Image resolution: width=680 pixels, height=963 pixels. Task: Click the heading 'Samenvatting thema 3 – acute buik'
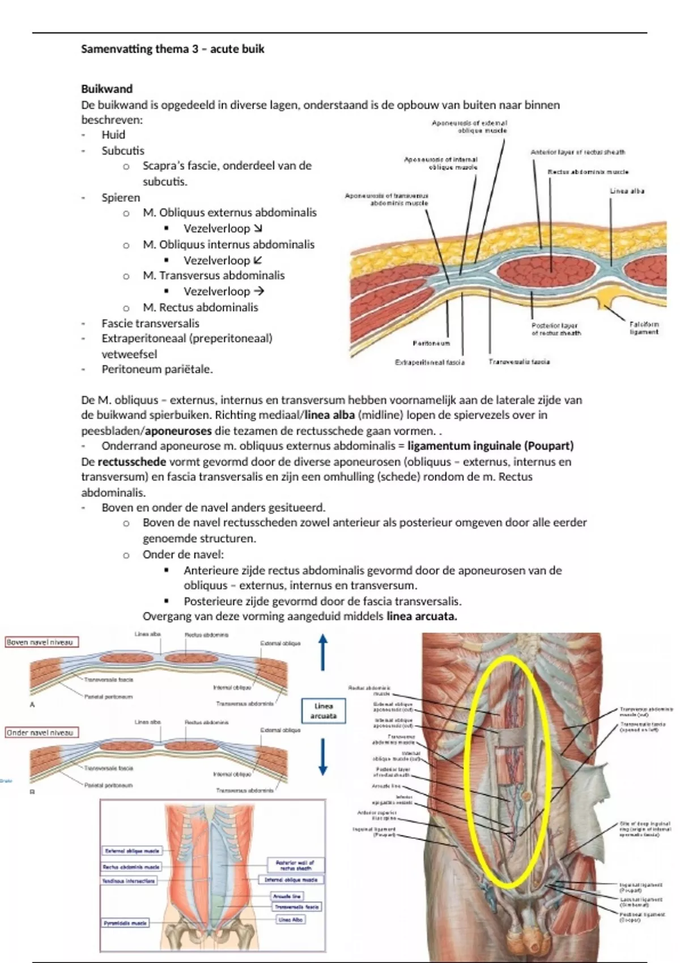[172, 49]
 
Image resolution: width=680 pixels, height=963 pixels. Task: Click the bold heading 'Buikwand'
[107, 89]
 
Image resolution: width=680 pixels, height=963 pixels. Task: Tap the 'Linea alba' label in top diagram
[627, 191]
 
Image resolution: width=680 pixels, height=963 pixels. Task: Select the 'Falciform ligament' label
[644, 328]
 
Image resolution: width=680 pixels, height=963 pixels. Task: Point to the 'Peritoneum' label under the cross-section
[431, 343]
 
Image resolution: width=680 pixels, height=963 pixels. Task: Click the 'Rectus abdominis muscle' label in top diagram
[588, 172]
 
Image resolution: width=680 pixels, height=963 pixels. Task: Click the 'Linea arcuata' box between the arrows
[323, 711]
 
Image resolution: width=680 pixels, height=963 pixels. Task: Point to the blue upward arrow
[323, 651]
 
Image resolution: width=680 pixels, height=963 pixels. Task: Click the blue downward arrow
[323, 757]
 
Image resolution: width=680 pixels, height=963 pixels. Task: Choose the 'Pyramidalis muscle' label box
[125, 923]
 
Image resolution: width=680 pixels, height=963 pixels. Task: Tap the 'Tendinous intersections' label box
[128, 881]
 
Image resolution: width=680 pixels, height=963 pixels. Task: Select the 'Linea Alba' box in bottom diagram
[291, 919]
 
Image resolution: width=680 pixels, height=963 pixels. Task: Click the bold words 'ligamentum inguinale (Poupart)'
[490, 446]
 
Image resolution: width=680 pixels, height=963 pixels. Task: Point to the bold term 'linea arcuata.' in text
[422, 616]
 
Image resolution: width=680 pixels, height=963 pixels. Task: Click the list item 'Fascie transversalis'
[150, 323]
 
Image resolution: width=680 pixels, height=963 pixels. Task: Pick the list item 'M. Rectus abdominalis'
[200, 308]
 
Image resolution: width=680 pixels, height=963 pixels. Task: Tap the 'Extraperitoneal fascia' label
[430, 362]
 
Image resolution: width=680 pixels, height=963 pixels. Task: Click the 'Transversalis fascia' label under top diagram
[519, 361]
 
